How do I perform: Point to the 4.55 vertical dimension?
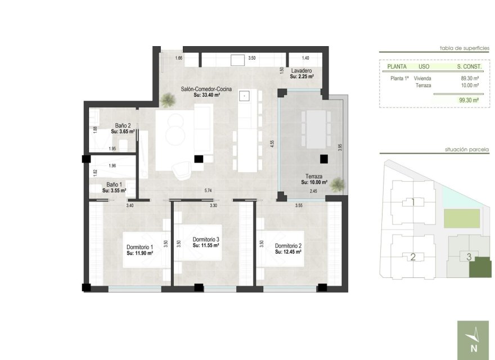coord(272,143)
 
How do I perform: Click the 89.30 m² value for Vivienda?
coord(469,79)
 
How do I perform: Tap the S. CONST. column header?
coord(467,66)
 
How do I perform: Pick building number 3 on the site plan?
coord(469,257)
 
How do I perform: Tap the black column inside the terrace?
coord(324,159)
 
